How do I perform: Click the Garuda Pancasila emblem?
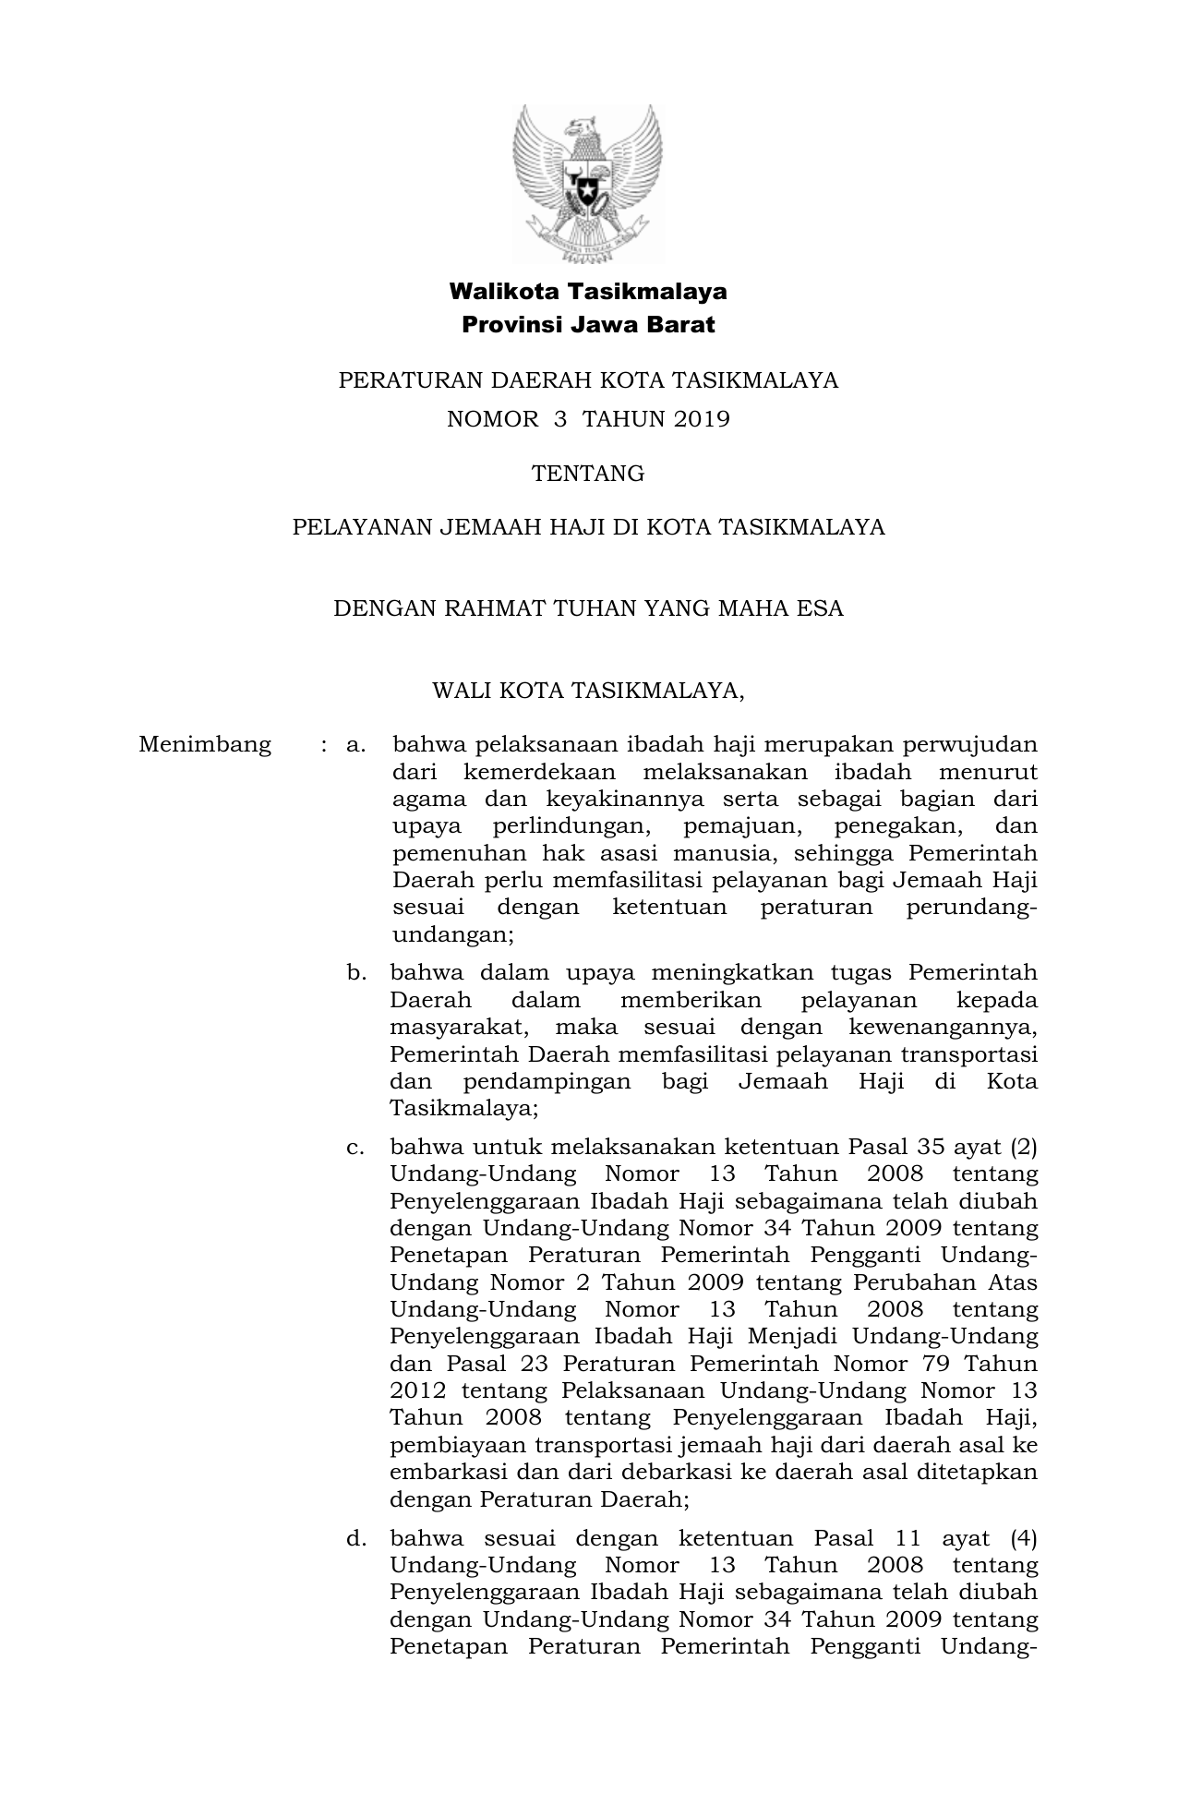coord(588,183)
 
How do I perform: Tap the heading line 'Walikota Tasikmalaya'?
coord(588,292)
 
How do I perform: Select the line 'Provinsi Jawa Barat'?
coord(588,325)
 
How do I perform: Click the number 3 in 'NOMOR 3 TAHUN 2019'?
coord(559,419)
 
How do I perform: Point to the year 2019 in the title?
coord(702,419)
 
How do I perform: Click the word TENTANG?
coord(588,474)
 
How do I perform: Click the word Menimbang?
coord(205,744)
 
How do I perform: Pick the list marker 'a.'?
coord(356,744)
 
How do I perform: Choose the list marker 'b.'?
coord(356,972)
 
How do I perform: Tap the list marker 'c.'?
coord(355,1148)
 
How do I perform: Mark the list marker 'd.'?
coord(356,1538)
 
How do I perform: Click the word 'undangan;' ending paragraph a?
coord(452,934)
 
